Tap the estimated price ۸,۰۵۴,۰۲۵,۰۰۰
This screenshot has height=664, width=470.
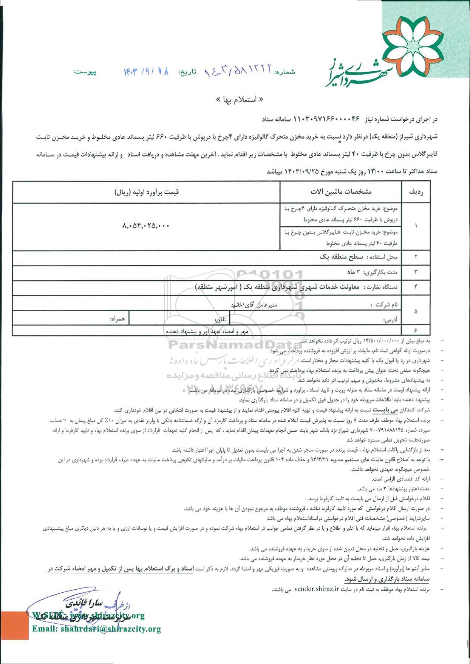(x=146, y=226)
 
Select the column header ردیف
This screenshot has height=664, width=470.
(x=416, y=192)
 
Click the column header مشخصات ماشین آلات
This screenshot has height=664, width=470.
(x=341, y=192)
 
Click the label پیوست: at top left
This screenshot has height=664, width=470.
(x=85, y=72)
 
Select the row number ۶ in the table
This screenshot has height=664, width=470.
(x=416, y=330)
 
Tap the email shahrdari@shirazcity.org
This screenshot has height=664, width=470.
(x=97, y=629)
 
